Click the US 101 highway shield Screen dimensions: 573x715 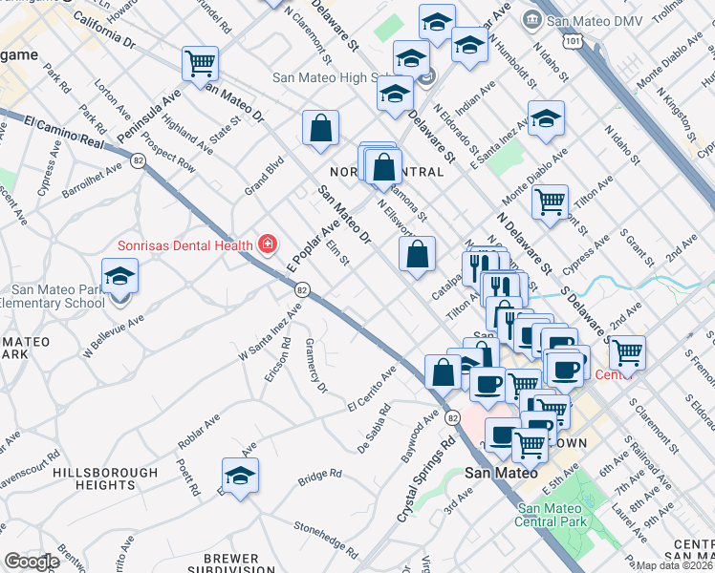572,41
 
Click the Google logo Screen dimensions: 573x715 32,562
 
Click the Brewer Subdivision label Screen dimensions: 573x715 230,564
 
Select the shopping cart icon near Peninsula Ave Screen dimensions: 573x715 200,64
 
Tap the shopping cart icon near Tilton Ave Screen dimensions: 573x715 550,202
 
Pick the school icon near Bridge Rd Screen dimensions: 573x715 240,474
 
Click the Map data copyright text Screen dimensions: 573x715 675,565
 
